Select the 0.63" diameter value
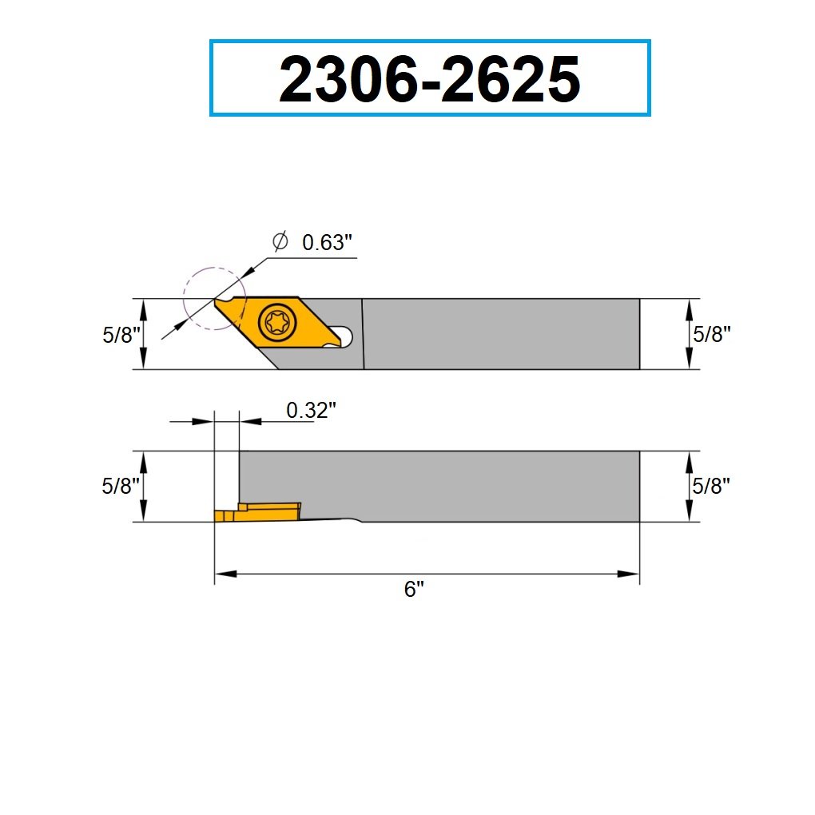point(328,243)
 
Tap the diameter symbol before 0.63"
point(280,241)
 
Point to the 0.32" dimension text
point(311,411)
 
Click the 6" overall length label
point(413,590)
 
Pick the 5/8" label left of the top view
point(121,335)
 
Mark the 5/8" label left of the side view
point(121,486)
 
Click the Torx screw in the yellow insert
point(277,324)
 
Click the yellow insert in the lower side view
point(256,512)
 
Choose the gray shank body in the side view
point(439,483)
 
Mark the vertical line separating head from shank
point(363,334)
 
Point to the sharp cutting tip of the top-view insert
point(215,300)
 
